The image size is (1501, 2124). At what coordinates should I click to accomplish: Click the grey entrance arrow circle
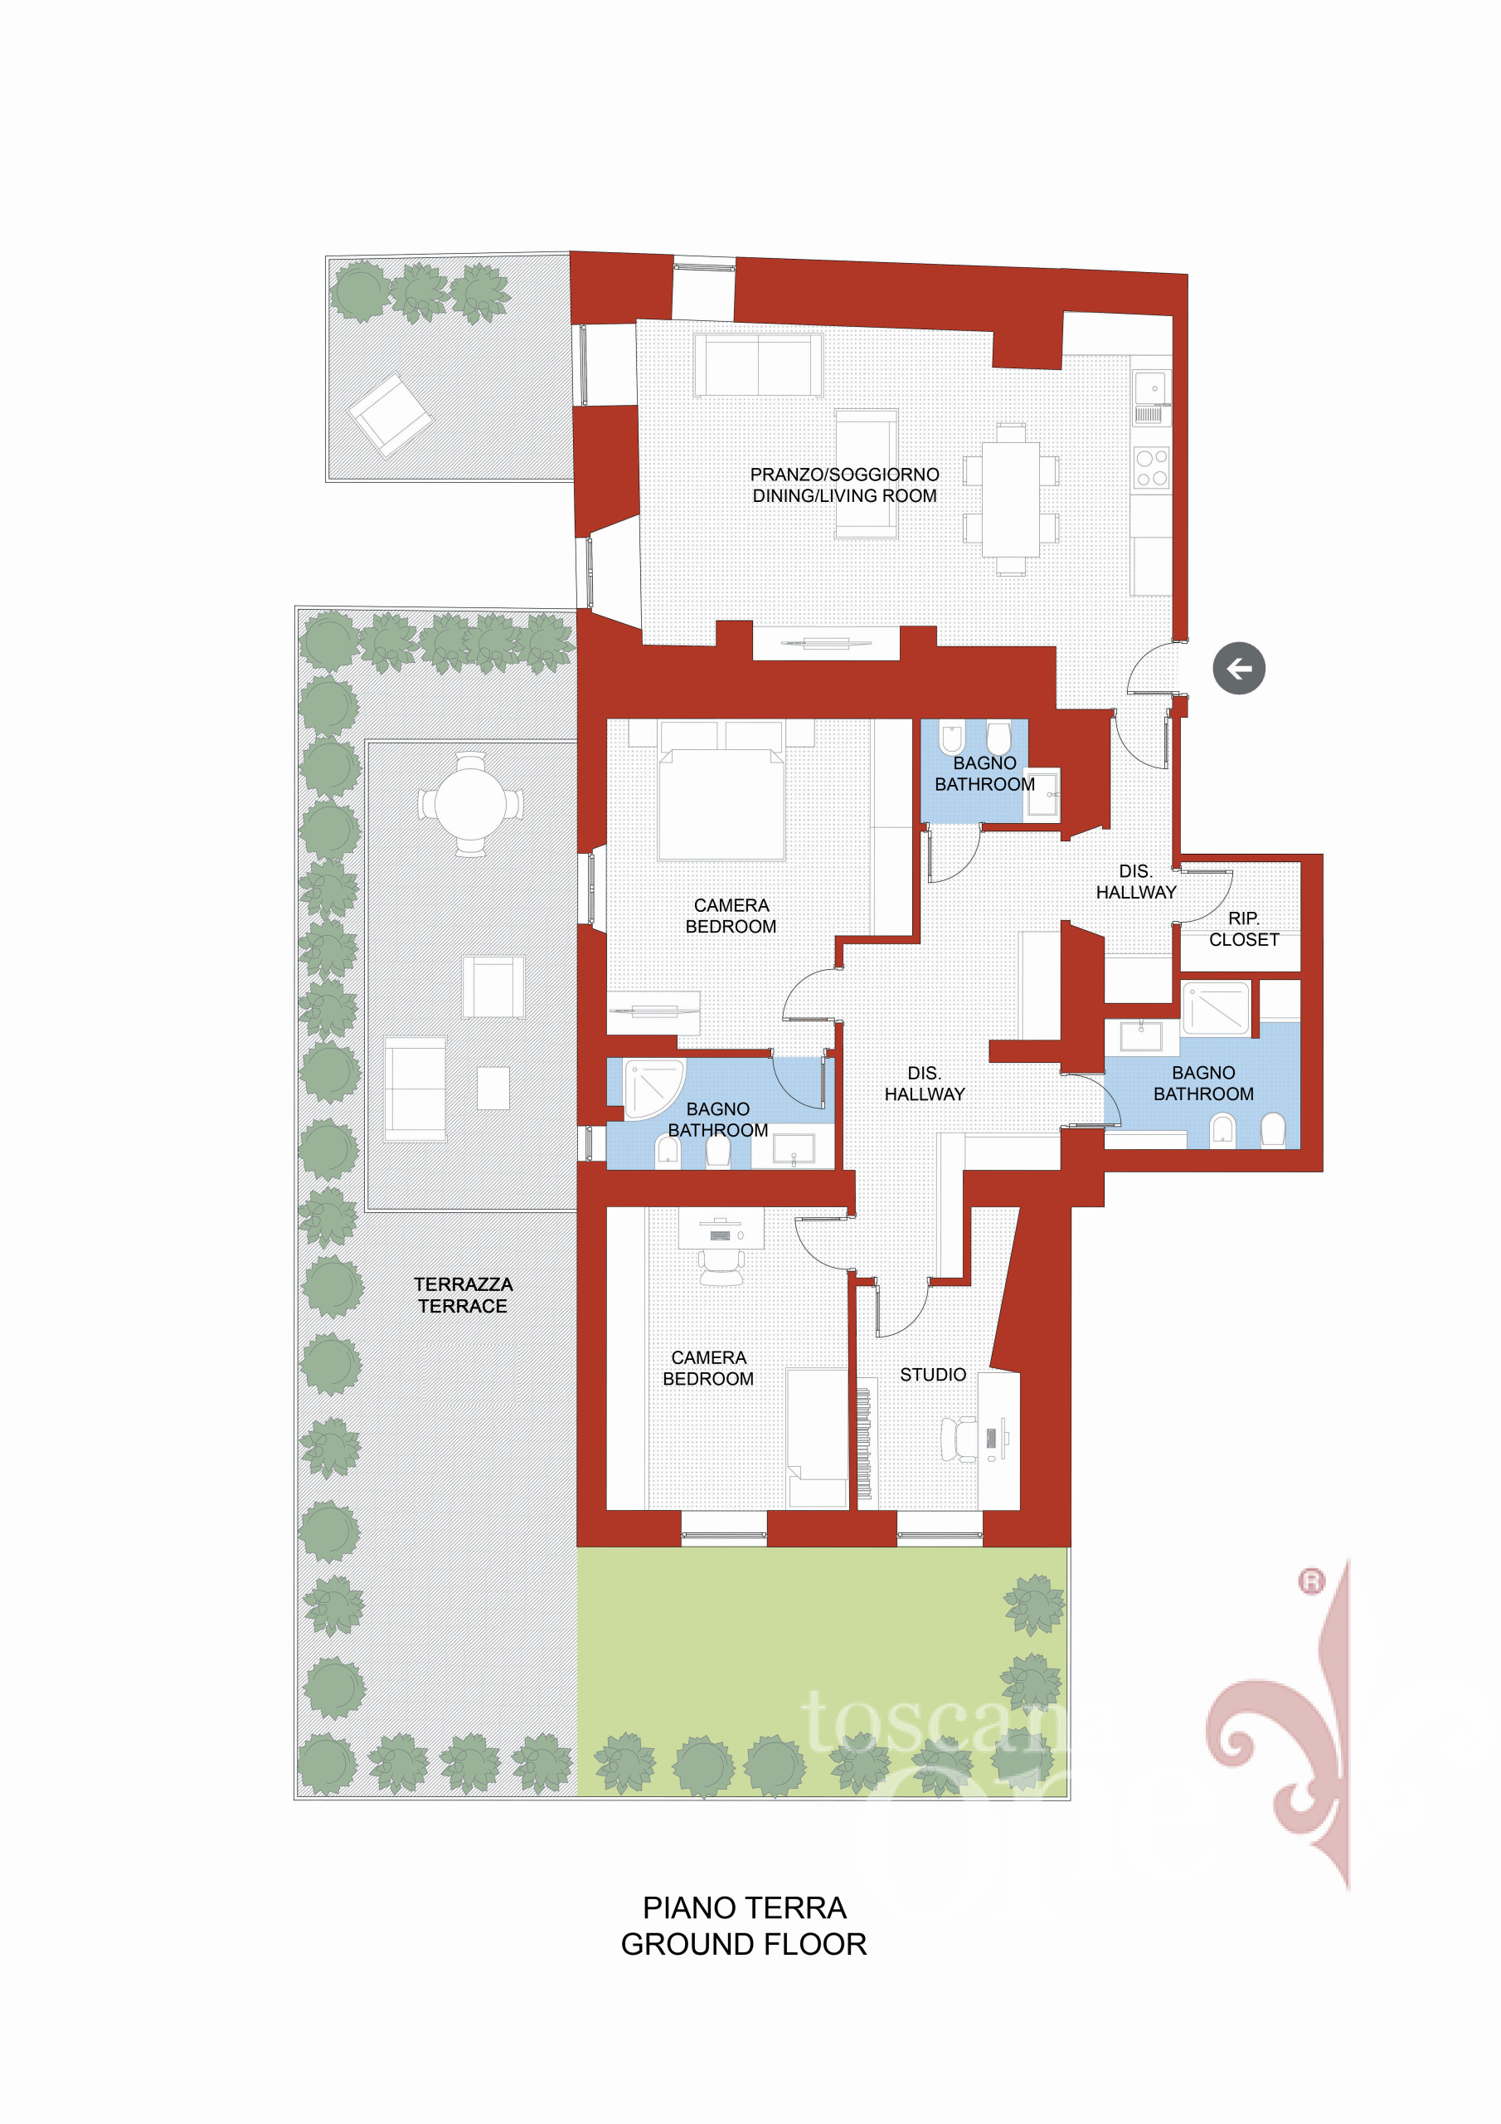click(1238, 668)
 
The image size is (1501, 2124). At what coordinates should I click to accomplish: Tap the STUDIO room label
click(932, 1375)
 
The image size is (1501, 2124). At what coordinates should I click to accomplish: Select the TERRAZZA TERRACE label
click(463, 1295)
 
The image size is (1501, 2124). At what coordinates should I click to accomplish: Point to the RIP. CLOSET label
click(1244, 928)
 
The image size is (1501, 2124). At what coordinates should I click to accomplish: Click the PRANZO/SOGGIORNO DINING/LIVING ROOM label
click(844, 485)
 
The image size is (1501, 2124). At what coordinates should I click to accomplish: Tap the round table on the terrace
click(471, 804)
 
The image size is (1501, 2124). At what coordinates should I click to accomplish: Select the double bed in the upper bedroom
click(721, 792)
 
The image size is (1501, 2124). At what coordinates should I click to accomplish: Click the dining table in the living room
click(1011, 499)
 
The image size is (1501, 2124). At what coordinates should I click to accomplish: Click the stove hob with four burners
click(1151, 468)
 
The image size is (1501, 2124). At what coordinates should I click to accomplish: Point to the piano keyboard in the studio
click(865, 1443)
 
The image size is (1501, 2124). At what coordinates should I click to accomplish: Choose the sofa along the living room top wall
click(758, 364)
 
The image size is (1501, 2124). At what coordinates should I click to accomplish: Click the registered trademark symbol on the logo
click(1311, 1582)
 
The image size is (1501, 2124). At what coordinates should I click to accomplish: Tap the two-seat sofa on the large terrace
click(415, 1089)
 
